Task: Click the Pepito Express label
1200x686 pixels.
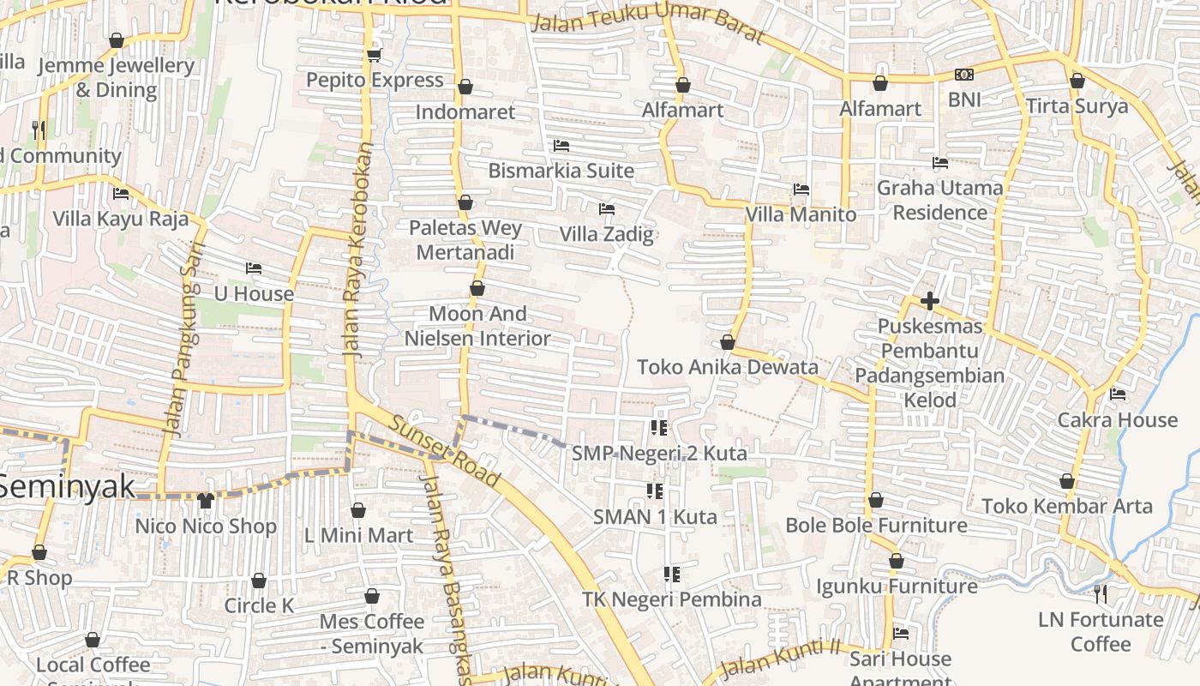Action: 375,81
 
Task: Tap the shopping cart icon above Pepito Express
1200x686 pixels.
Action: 373,56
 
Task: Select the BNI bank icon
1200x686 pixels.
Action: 964,75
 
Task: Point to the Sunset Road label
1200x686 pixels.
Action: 444,452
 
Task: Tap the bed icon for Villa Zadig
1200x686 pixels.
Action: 607,209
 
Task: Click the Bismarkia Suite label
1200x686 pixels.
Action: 561,171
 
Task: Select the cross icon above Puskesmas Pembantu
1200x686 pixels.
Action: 930,301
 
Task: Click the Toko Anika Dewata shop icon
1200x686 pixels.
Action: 728,342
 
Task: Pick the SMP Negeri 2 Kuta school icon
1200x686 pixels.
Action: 658,427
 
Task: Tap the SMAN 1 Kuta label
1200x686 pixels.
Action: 655,517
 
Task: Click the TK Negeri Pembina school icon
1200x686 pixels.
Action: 672,575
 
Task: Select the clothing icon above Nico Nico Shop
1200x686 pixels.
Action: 205,501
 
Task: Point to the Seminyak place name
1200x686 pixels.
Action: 67,486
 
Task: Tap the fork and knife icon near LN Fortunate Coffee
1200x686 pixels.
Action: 1101,593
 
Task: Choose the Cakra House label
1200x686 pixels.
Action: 1117,420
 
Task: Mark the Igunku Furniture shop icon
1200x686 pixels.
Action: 896,562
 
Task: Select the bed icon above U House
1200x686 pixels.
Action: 253,268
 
